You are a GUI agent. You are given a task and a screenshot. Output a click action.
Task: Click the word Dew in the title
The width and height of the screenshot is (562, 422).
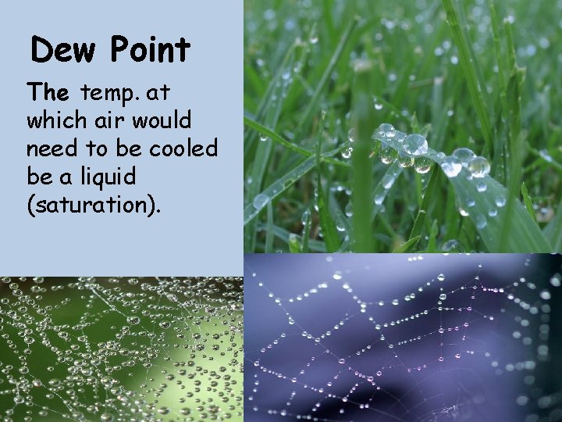pos(65,51)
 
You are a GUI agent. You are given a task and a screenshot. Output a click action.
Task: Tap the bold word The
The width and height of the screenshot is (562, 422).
pos(49,94)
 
